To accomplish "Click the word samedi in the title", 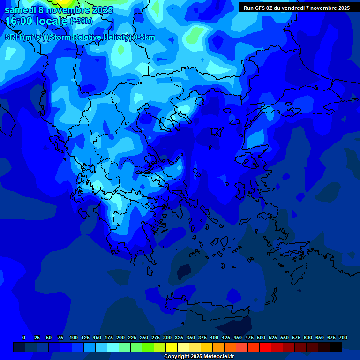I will click(20, 10).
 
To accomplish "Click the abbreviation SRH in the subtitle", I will click(13, 37).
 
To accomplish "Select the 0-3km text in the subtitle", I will click(144, 37).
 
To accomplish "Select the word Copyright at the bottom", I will click(177, 357).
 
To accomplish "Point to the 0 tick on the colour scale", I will click(24, 337).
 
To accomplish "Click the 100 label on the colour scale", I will click(74, 337).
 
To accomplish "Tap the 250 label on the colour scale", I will click(144, 337).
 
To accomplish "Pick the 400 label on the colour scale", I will click(214, 337).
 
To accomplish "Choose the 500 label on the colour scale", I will click(261, 337).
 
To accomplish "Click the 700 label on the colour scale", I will click(343, 337).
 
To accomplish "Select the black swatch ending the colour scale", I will click(335, 347).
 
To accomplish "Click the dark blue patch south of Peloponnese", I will click(184, 271).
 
